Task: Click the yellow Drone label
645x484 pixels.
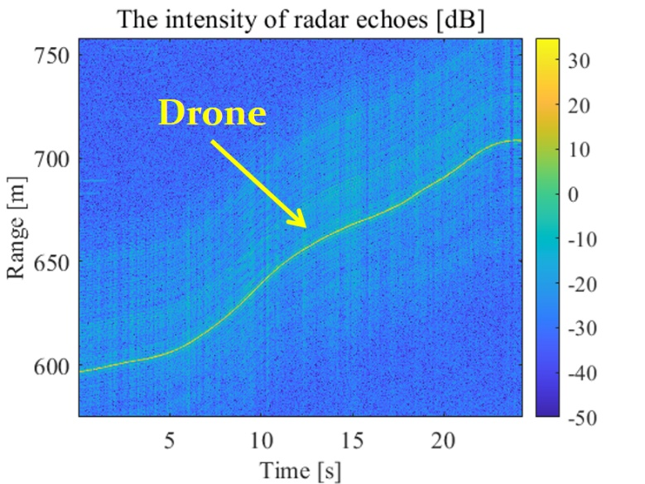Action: coord(212,113)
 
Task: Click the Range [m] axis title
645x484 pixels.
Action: coord(17,225)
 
